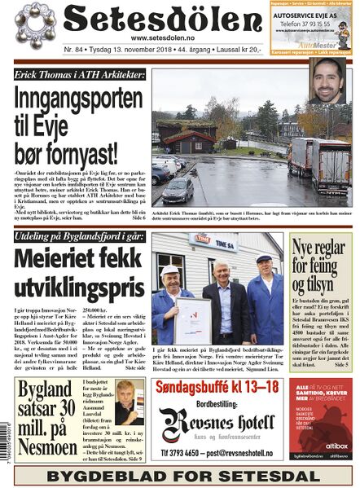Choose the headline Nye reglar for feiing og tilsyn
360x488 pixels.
(320, 260)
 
